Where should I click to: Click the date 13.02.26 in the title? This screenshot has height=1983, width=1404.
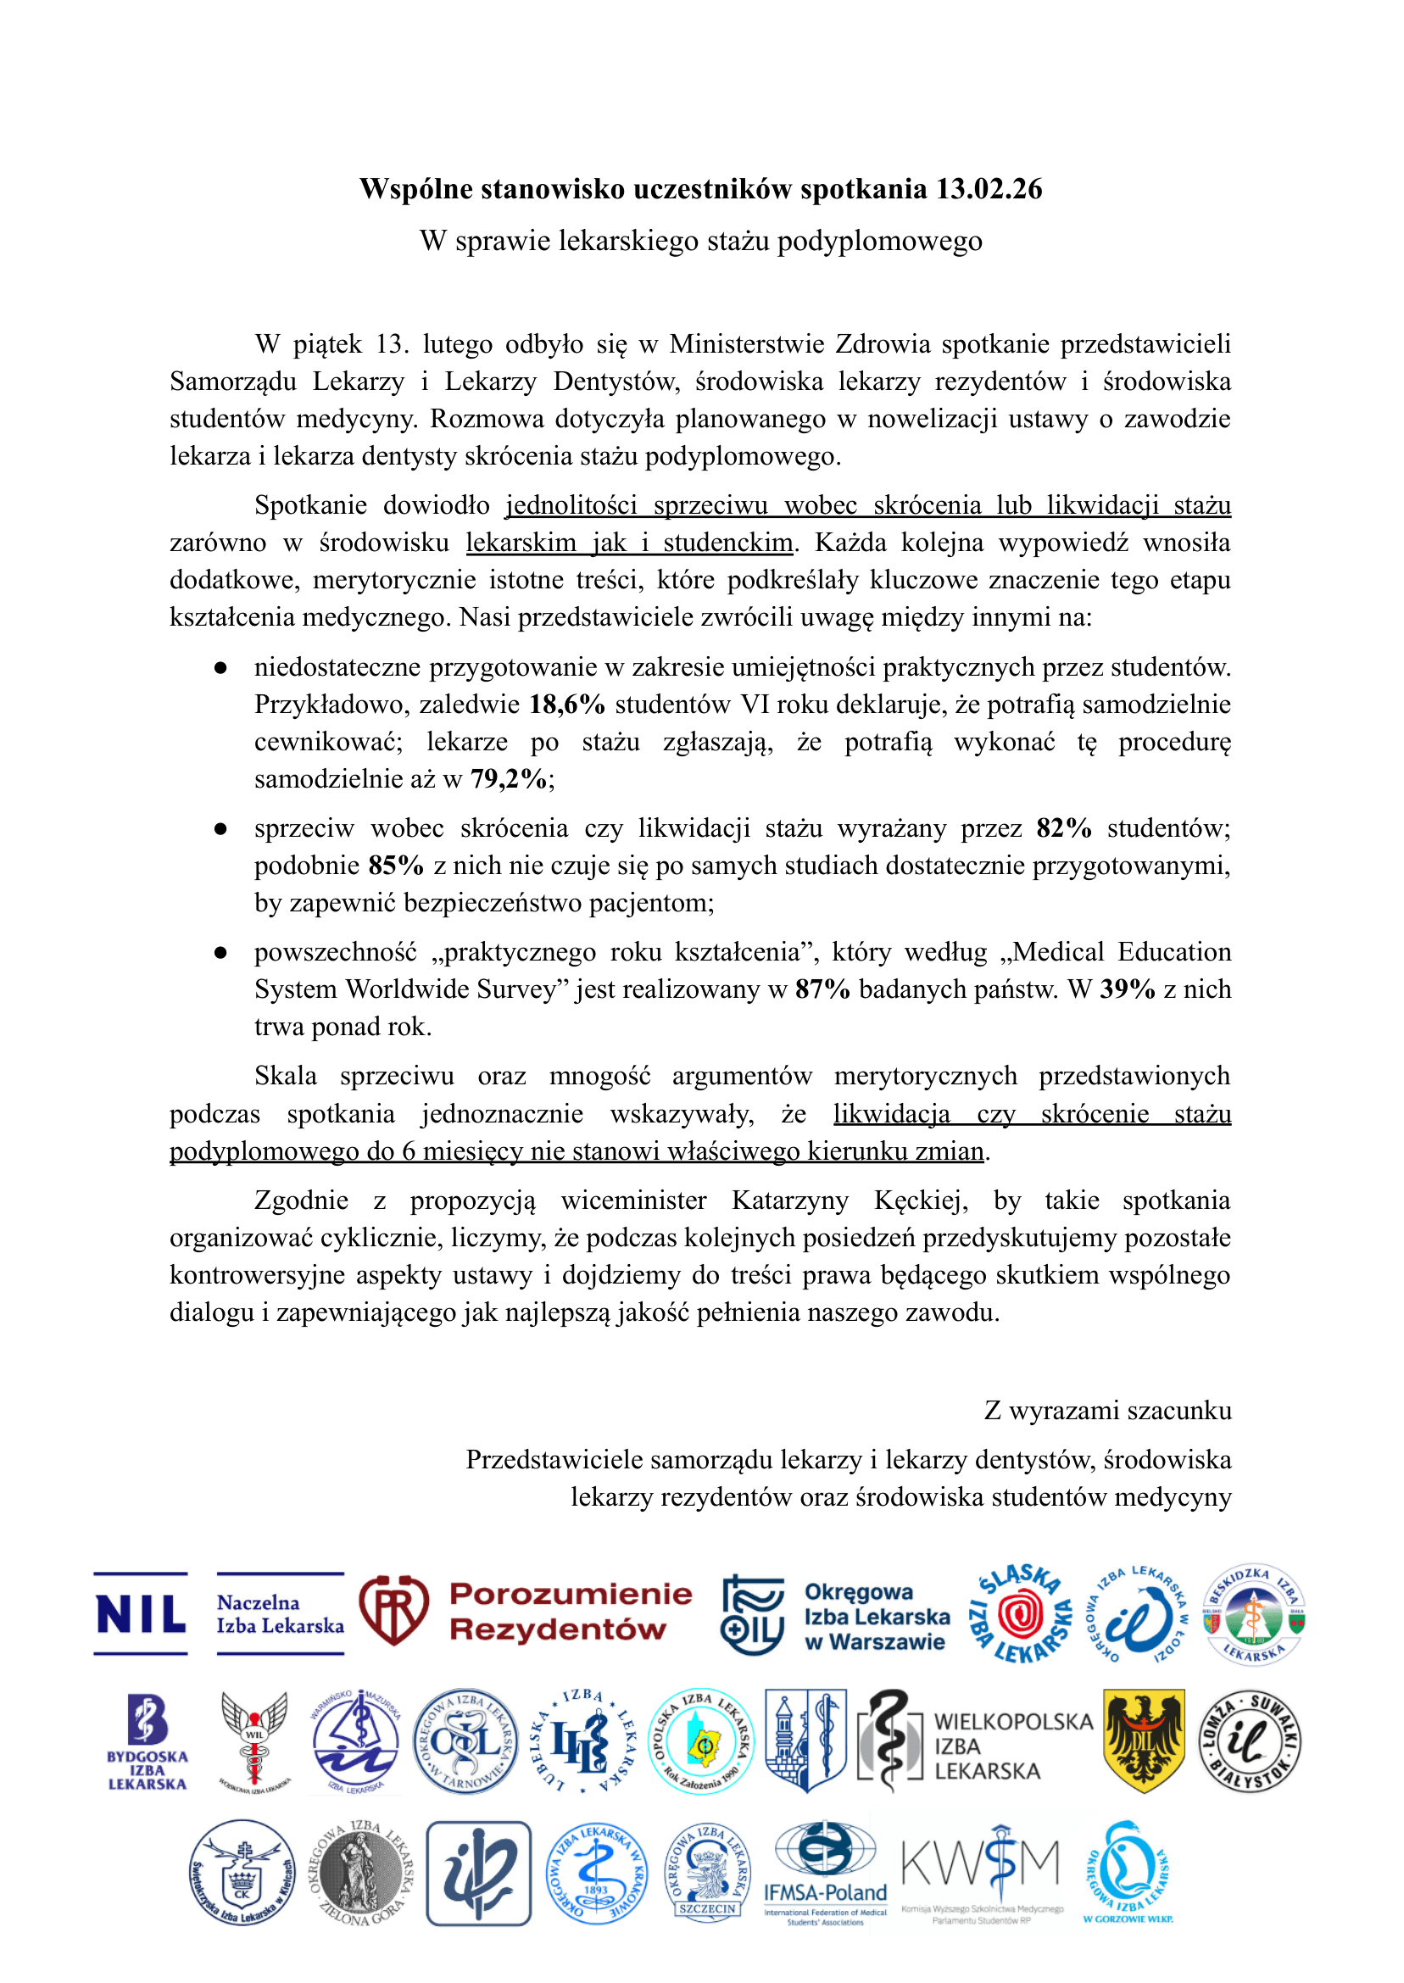pos(989,189)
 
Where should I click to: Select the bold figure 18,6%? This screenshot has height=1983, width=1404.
pos(567,705)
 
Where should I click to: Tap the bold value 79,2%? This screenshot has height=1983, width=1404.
pos(509,779)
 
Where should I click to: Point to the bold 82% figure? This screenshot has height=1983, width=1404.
pos(1063,828)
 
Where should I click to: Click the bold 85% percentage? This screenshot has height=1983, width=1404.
pos(396,866)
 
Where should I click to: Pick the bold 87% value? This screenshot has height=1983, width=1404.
pos(822,989)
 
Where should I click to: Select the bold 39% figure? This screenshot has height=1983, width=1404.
pos(1128,989)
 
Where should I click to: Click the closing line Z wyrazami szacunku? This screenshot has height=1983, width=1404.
pos(1107,1411)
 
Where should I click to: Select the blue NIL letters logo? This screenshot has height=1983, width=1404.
pos(141,1614)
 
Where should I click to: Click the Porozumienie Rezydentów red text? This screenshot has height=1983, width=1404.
pos(571,1613)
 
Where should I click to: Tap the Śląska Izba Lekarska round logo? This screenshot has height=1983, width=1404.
pos(1021,1614)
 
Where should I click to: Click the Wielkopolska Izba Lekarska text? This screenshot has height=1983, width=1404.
pos(1012,1746)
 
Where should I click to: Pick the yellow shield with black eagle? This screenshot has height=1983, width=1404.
pos(1144,1741)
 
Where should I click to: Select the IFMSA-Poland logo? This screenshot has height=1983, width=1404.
pos(826,1874)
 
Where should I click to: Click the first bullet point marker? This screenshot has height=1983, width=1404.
pos(220,668)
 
